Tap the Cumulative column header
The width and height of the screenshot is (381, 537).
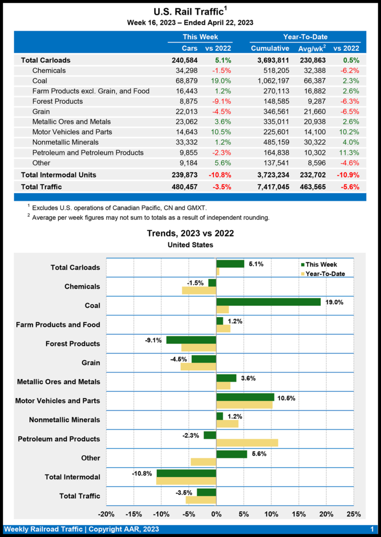coord(270,48)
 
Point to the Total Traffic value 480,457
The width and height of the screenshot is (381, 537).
coord(181,186)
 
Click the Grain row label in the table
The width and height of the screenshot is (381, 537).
coord(41,112)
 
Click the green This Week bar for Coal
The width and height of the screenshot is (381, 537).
coord(268,302)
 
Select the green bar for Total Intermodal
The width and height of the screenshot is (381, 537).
coord(186,473)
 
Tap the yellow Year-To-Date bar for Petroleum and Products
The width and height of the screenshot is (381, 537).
coord(247,443)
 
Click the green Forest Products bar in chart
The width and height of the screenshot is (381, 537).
coord(191,340)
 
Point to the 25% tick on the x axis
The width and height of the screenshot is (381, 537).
coord(354,514)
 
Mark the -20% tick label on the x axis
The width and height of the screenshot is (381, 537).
coord(106,514)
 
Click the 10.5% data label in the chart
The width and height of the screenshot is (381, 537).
coord(286,399)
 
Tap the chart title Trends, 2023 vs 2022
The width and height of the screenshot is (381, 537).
coord(190,233)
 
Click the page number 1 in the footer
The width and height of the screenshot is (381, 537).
coord(372,529)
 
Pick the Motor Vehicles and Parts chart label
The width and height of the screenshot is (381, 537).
coord(58,401)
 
